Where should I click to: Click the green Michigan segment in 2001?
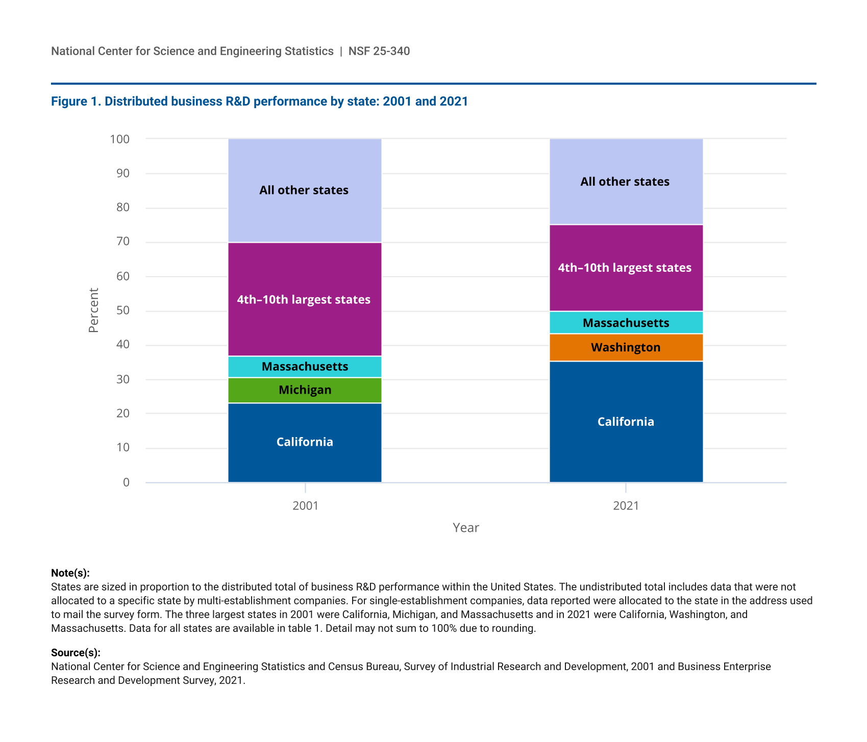click(305, 390)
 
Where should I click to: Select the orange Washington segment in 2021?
click(626, 347)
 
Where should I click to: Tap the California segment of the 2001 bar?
click(305, 442)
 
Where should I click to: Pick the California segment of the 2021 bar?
click(626, 422)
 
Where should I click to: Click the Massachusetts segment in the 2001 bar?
click(305, 367)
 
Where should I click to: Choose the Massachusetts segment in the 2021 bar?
click(626, 323)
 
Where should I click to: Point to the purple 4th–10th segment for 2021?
click(626, 268)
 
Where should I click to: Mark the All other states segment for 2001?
click(305, 190)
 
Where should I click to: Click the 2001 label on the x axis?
click(305, 506)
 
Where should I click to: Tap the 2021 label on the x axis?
click(626, 506)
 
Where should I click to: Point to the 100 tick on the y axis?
click(120, 139)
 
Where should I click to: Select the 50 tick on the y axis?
click(123, 311)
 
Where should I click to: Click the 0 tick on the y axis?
click(126, 482)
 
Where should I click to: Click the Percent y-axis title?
click(93, 310)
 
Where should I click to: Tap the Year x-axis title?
click(465, 528)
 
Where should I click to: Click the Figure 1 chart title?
click(259, 101)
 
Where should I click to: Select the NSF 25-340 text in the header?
click(379, 51)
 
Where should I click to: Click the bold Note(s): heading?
click(70, 573)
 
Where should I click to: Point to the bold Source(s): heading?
click(76, 653)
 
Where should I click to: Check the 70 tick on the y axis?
click(123, 242)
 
